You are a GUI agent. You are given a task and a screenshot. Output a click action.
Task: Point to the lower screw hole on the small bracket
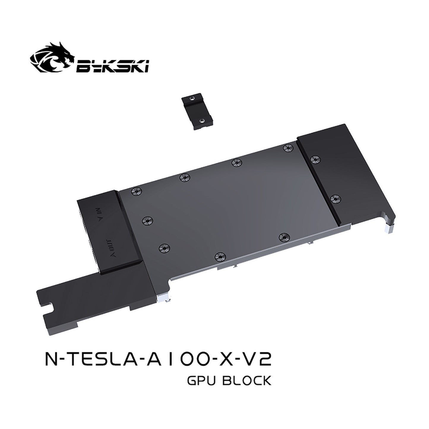pos(202,121)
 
